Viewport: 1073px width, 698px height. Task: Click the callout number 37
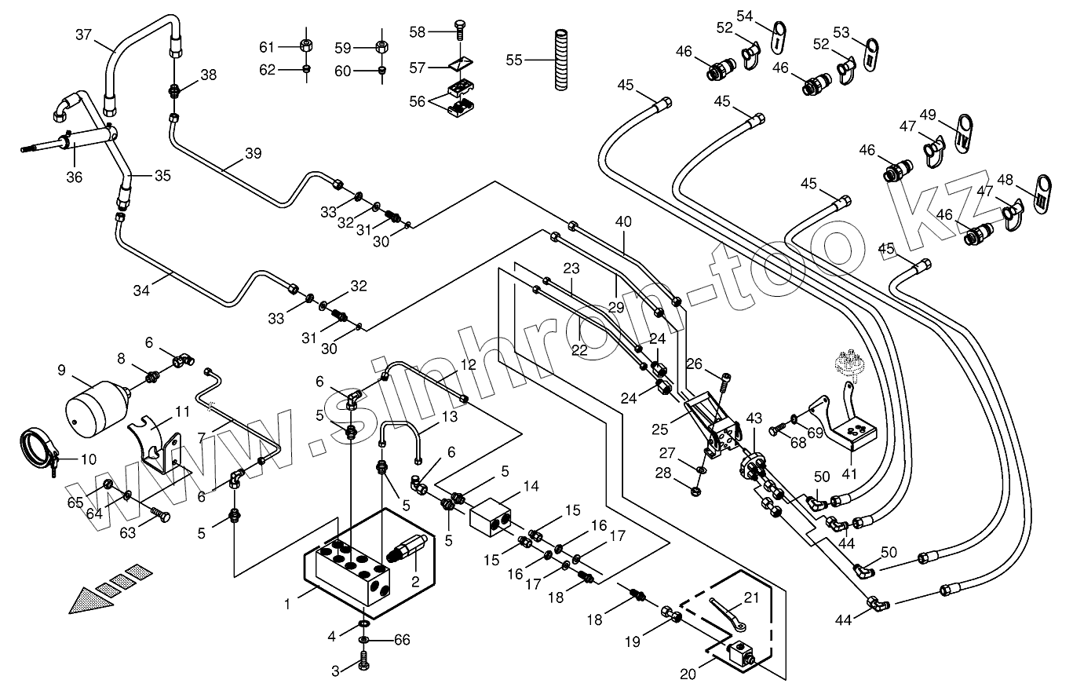pyautogui.click(x=84, y=35)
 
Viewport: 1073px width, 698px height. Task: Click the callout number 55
pyautogui.click(x=514, y=59)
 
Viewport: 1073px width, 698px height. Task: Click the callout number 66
pyautogui.click(x=403, y=641)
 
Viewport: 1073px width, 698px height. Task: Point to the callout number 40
pyautogui.click(x=623, y=222)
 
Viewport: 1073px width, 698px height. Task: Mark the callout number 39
pyautogui.click(x=253, y=153)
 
